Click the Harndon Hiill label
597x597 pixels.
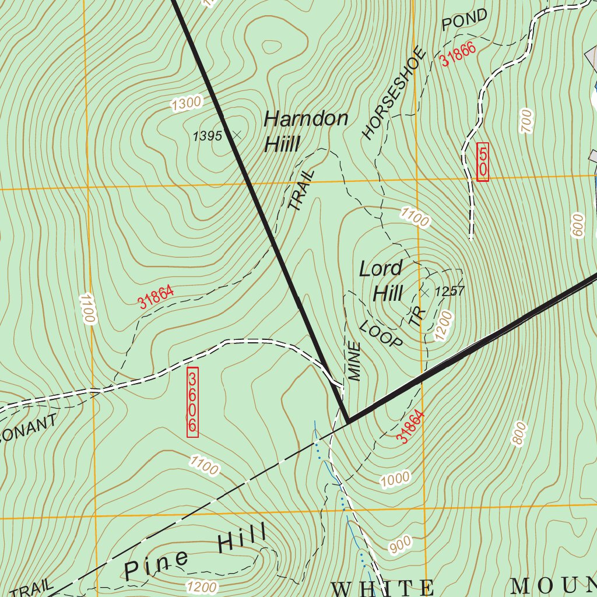click(x=305, y=131)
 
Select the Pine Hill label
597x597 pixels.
click(x=195, y=552)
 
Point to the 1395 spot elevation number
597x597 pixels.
click(x=207, y=136)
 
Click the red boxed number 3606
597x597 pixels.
click(x=192, y=402)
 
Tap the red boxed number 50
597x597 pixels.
click(x=483, y=161)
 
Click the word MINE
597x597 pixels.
click(x=354, y=362)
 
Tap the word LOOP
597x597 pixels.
click(x=382, y=333)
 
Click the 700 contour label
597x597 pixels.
click(x=526, y=121)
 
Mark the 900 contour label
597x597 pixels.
click(x=401, y=544)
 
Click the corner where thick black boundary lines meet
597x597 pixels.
click(x=348, y=421)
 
